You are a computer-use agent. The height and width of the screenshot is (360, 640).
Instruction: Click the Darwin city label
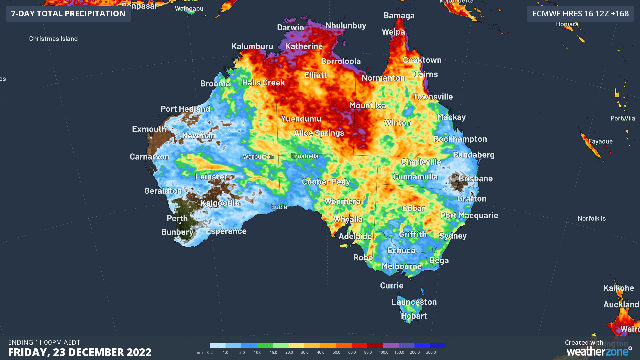pyautogui.click(x=290, y=28)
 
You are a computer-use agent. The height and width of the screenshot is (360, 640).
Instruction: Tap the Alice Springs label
pyautogui.click(x=319, y=133)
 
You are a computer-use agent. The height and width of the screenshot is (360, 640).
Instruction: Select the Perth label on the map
pyautogui.click(x=177, y=219)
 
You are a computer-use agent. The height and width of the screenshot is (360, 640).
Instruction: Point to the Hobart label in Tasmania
pyautogui.click(x=414, y=316)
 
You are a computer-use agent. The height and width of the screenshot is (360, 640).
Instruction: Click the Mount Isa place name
pyautogui.click(x=368, y=106)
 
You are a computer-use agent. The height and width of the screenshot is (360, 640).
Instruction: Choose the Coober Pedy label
pyautogui.click(x=326, y=182)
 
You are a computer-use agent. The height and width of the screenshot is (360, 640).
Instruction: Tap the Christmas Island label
pyautogui.click(x=53, y=39)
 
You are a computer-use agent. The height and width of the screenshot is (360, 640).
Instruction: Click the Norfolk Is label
pyautogui.click(x=591, y=219)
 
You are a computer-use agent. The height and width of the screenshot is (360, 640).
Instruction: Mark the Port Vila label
pyautogui.click(x=622, y=118)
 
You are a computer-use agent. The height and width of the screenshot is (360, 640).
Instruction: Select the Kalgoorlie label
pyautogui.click(x=220, y=203)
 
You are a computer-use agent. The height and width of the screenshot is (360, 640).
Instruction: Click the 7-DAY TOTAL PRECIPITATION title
pyautogui.click(x=68, y=14)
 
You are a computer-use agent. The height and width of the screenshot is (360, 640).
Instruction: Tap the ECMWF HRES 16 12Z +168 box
pyautogui.click(x=580, y=14)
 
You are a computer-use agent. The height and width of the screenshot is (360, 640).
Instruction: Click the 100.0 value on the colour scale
pyautogui.click(x=383, y=352)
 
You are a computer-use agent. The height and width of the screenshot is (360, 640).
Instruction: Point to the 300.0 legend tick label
pyautogui.click(x=431, y=352)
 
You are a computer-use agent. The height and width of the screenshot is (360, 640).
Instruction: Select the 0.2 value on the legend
pyautogui.click(x=210, y=352)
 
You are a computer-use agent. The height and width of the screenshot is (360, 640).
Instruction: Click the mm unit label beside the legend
pyautogui.click(x=199, y=352)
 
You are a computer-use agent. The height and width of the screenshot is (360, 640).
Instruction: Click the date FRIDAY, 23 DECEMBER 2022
pyautogui.click(x=80, y=352)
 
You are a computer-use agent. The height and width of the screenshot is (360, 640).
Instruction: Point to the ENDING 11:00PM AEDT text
pyautogui.click(x=44, y=342)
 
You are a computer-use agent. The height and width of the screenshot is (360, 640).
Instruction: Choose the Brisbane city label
pyautogui.click(x=475, y=179)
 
